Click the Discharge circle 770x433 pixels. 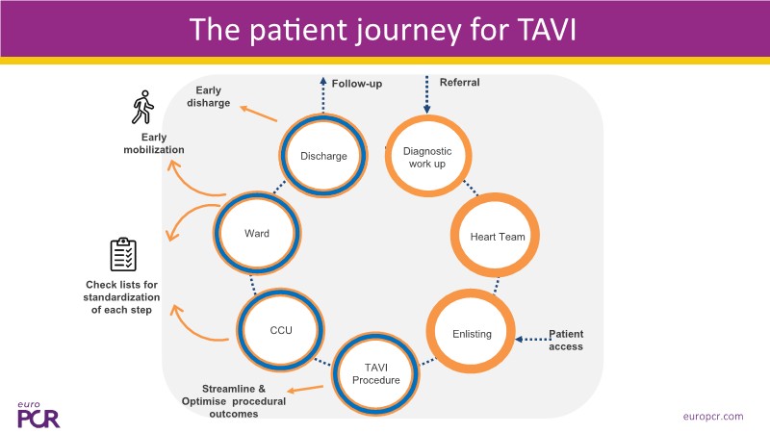[x=323, y=156]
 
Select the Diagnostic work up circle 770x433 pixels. [x=427, y=156]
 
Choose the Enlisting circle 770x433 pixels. [x=471, y=334]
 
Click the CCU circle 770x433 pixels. [x=280, y=330]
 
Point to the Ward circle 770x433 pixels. [x=255, y=233]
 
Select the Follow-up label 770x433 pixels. [x=357, y=84]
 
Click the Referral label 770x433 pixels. [x=459, y=83]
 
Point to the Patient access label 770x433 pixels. [x=566, y=340]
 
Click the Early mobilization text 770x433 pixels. [x=155, y=143]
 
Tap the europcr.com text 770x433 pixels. [x=713, y=416]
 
